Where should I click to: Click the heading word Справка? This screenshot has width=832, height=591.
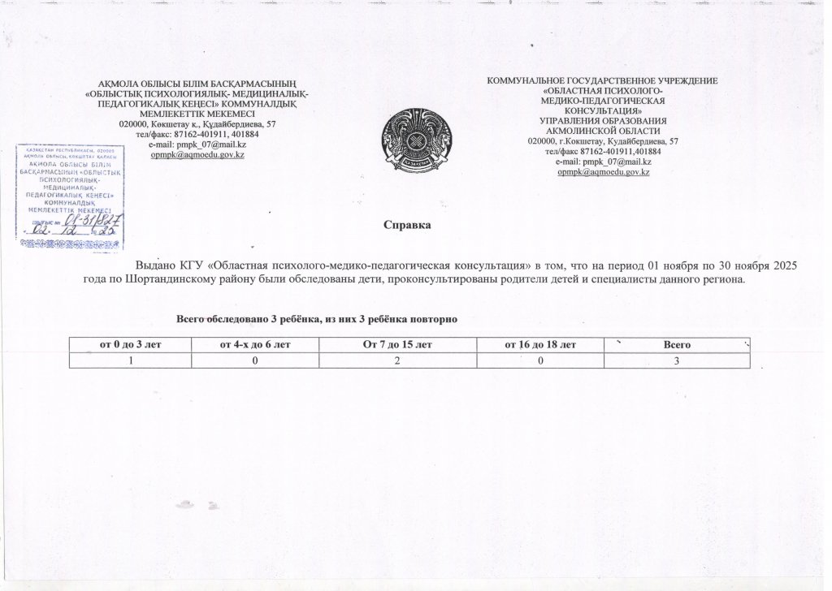pyautogui.click(x=406, y=225)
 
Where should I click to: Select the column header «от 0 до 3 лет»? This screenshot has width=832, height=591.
pyautogui.click(x=130, y=345)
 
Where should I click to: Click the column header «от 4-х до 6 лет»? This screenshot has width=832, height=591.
pyautogui.click(x=255, y=345)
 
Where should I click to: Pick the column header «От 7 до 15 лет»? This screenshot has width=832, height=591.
pyautogui.click(x=397, y=345)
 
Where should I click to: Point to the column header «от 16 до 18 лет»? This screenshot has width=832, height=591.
pyautogui.click(x=540, y=345)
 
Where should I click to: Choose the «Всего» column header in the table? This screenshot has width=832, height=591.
pyautogui.click(x=677, y=345)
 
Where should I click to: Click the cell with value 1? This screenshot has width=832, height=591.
pyautogui.click(x=130, y=360)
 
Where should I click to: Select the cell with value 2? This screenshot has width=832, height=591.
pyautogui.click(x=397, y=360)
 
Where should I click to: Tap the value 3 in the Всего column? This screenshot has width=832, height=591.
pyautogui.click(x=677, y=360)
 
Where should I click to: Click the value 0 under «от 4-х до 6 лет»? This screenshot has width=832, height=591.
pyautogui.click(x=255, y=360)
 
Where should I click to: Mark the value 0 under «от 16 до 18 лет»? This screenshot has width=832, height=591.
pyautogui.click(x=540, y=360)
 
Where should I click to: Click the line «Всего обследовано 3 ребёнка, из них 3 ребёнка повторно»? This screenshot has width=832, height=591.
pyautogui.click(x=318, y=319)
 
